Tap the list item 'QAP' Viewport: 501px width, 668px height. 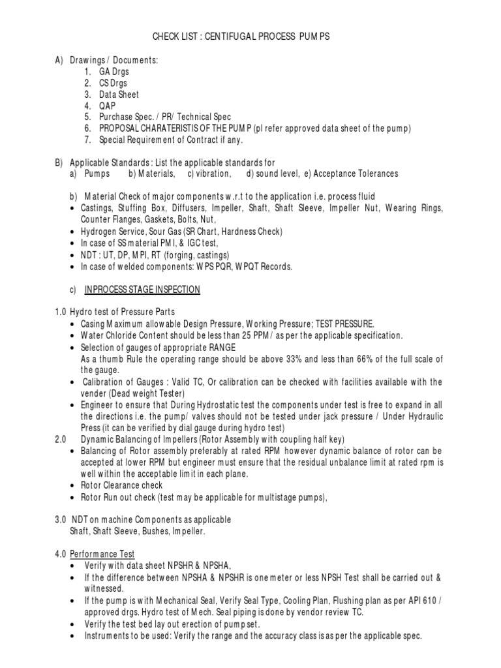coord(107,106)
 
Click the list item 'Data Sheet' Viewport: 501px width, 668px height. coord(119,95)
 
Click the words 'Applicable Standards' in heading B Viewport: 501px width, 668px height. coord(104,162)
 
